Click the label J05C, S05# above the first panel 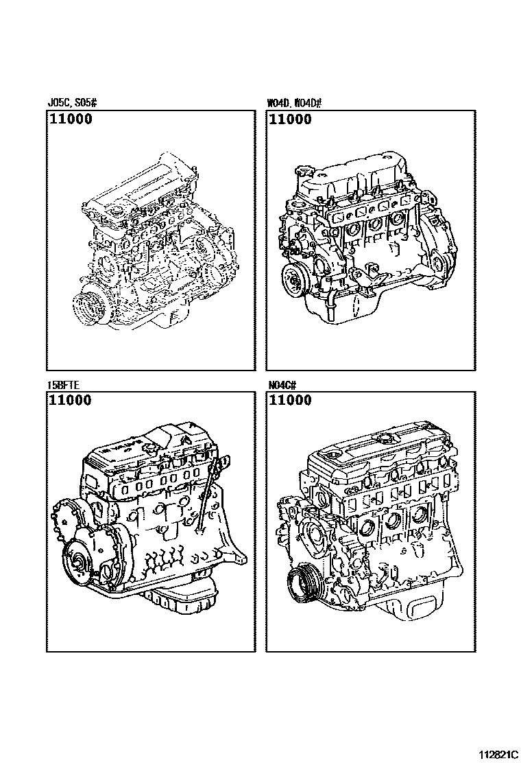[x=72, y=104]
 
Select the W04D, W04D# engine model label [x=294, y=104]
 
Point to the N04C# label [x=281, y=385]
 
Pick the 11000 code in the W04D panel [x=289, y=119]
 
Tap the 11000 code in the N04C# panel [x=289, y=401]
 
